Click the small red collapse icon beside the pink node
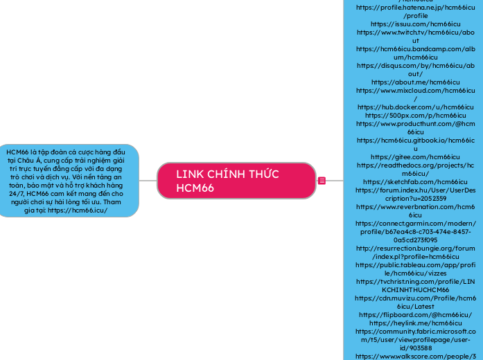pos(322,181)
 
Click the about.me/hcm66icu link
pos(415,81)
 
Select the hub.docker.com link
pos(415,107)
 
